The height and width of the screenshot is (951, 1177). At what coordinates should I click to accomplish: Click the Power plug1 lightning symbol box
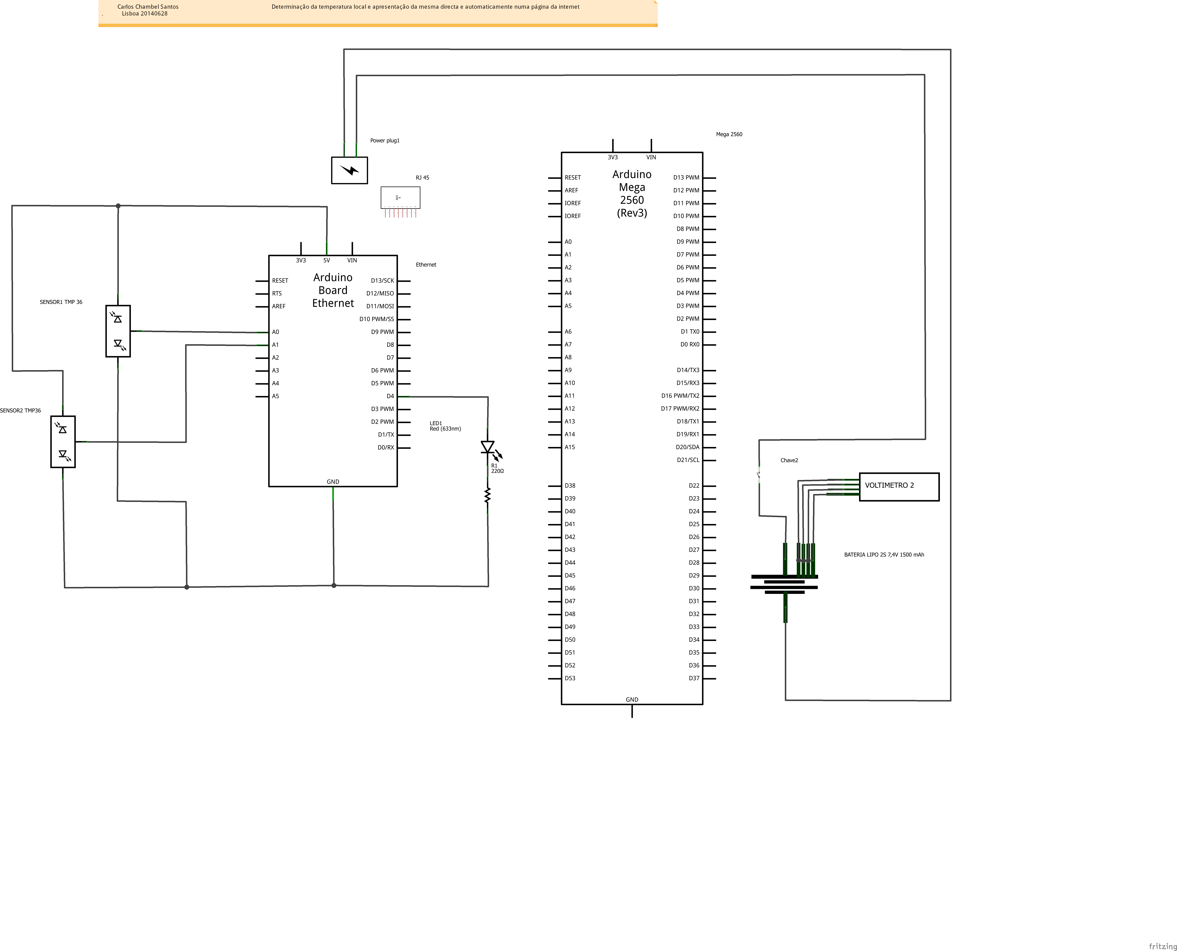coord(349,170)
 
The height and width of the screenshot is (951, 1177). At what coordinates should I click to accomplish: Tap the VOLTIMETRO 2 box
coord(899,486)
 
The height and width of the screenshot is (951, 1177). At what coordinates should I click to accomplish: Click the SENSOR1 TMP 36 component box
coord(118,331)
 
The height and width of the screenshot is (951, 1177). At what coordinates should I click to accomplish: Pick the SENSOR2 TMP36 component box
coord(63,442)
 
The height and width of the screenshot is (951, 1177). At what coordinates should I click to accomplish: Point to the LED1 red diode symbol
coord(487,448)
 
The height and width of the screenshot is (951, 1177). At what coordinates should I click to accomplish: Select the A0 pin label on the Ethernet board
coord(275,332)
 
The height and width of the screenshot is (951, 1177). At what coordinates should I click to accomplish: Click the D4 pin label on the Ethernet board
coord(390,396)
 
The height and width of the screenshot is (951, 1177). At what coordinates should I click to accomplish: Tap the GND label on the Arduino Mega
coord(632,700)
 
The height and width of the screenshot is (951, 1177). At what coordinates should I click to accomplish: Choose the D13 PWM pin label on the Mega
coord(686,178)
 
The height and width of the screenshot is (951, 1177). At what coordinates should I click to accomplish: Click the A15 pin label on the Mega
coord(570,447)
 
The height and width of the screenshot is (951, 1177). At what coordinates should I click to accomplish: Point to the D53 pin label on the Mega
coord(570,678)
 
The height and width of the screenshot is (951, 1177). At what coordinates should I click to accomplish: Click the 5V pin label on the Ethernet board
coord(326,260)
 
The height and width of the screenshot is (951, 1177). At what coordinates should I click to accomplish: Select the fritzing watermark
coord(1162,946)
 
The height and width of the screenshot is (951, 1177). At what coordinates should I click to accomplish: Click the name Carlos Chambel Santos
coord(148,7)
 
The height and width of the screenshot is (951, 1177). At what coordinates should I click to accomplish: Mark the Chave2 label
coord(789,460)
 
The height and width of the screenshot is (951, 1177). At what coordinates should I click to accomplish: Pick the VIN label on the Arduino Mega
coord(651,157)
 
